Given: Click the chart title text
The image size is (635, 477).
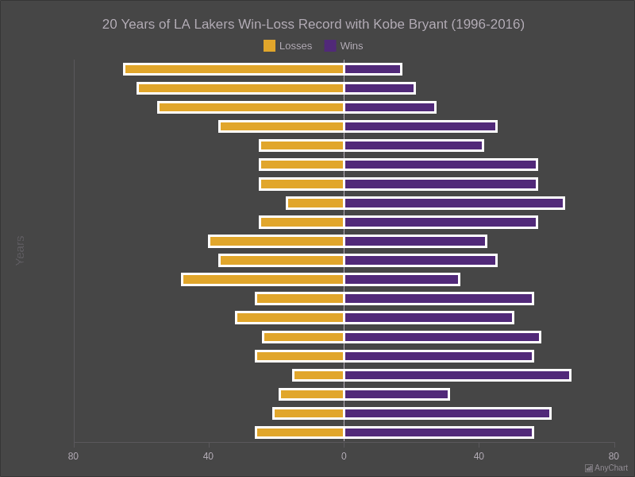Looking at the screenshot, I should (x=313, y=25).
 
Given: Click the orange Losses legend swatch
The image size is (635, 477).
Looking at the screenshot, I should (x=269, y=46).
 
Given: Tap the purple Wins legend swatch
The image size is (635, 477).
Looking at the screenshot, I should (x=330, y=46).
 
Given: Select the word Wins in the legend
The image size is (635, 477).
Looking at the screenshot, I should (x=352, y=46).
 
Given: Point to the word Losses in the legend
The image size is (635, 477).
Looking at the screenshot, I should (x=295, y=46).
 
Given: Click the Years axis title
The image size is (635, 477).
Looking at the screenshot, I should (x=20, y=250).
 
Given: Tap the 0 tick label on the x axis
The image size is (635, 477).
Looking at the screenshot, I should (x=344, y=456).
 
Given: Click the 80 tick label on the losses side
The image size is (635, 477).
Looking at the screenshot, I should (x=73, y=456).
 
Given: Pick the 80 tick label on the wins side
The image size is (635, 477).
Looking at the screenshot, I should (x=614, y=456).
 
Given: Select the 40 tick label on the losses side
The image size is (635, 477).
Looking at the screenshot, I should (x=208, y=456).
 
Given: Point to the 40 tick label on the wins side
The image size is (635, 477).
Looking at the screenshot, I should (x=479, y=456).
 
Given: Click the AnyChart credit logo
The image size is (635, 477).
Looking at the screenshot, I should (x=606, y=467).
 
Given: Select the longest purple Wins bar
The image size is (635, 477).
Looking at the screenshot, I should (x=457, y=375).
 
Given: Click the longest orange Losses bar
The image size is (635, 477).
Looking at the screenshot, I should (x=234, y=69).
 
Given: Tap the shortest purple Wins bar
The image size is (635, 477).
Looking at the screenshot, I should (x=372, y=69).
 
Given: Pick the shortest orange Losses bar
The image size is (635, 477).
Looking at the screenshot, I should (x=318, y=375).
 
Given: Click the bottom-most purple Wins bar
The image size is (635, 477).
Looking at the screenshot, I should (x=438, y=432).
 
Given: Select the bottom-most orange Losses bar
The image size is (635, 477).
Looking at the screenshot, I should (x=300, y=432).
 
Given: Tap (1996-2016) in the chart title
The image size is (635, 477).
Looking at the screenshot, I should (x=487, y=25).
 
